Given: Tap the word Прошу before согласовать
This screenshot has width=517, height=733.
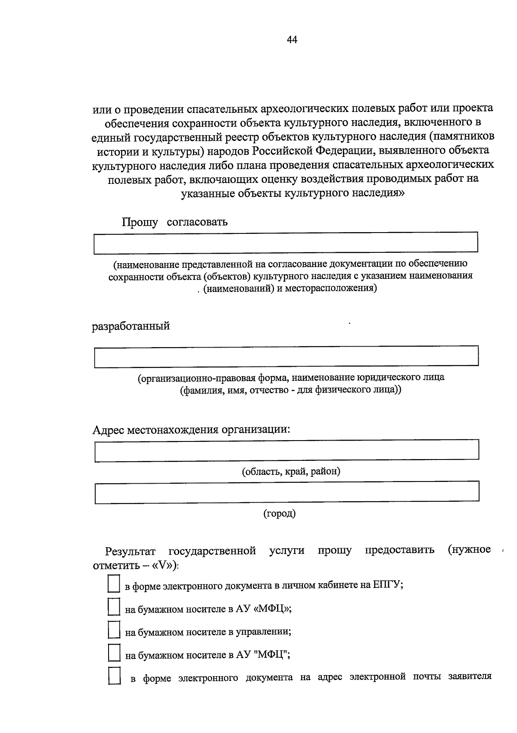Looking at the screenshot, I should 140,222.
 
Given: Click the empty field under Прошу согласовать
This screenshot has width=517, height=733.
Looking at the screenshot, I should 286,242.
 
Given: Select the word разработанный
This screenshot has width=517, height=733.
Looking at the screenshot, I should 131,326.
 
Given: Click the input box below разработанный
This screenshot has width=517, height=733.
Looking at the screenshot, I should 286,357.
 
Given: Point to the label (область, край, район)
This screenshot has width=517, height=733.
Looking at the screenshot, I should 291,471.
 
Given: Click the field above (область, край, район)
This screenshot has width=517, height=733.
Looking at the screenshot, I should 287,450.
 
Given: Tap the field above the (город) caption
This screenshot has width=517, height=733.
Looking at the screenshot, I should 287,492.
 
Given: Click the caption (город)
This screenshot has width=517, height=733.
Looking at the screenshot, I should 280,513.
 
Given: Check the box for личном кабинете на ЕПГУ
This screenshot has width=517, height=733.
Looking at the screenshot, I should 113,585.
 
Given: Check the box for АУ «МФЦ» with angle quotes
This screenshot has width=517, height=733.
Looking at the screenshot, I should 113,608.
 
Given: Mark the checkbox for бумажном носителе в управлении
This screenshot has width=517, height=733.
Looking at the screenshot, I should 113,631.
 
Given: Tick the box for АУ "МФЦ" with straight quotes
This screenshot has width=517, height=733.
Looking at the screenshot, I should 113,653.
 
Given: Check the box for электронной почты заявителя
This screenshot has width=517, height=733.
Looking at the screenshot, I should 114,676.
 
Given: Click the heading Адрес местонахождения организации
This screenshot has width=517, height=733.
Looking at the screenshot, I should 191,430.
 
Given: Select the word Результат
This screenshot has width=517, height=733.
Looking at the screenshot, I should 130,551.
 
